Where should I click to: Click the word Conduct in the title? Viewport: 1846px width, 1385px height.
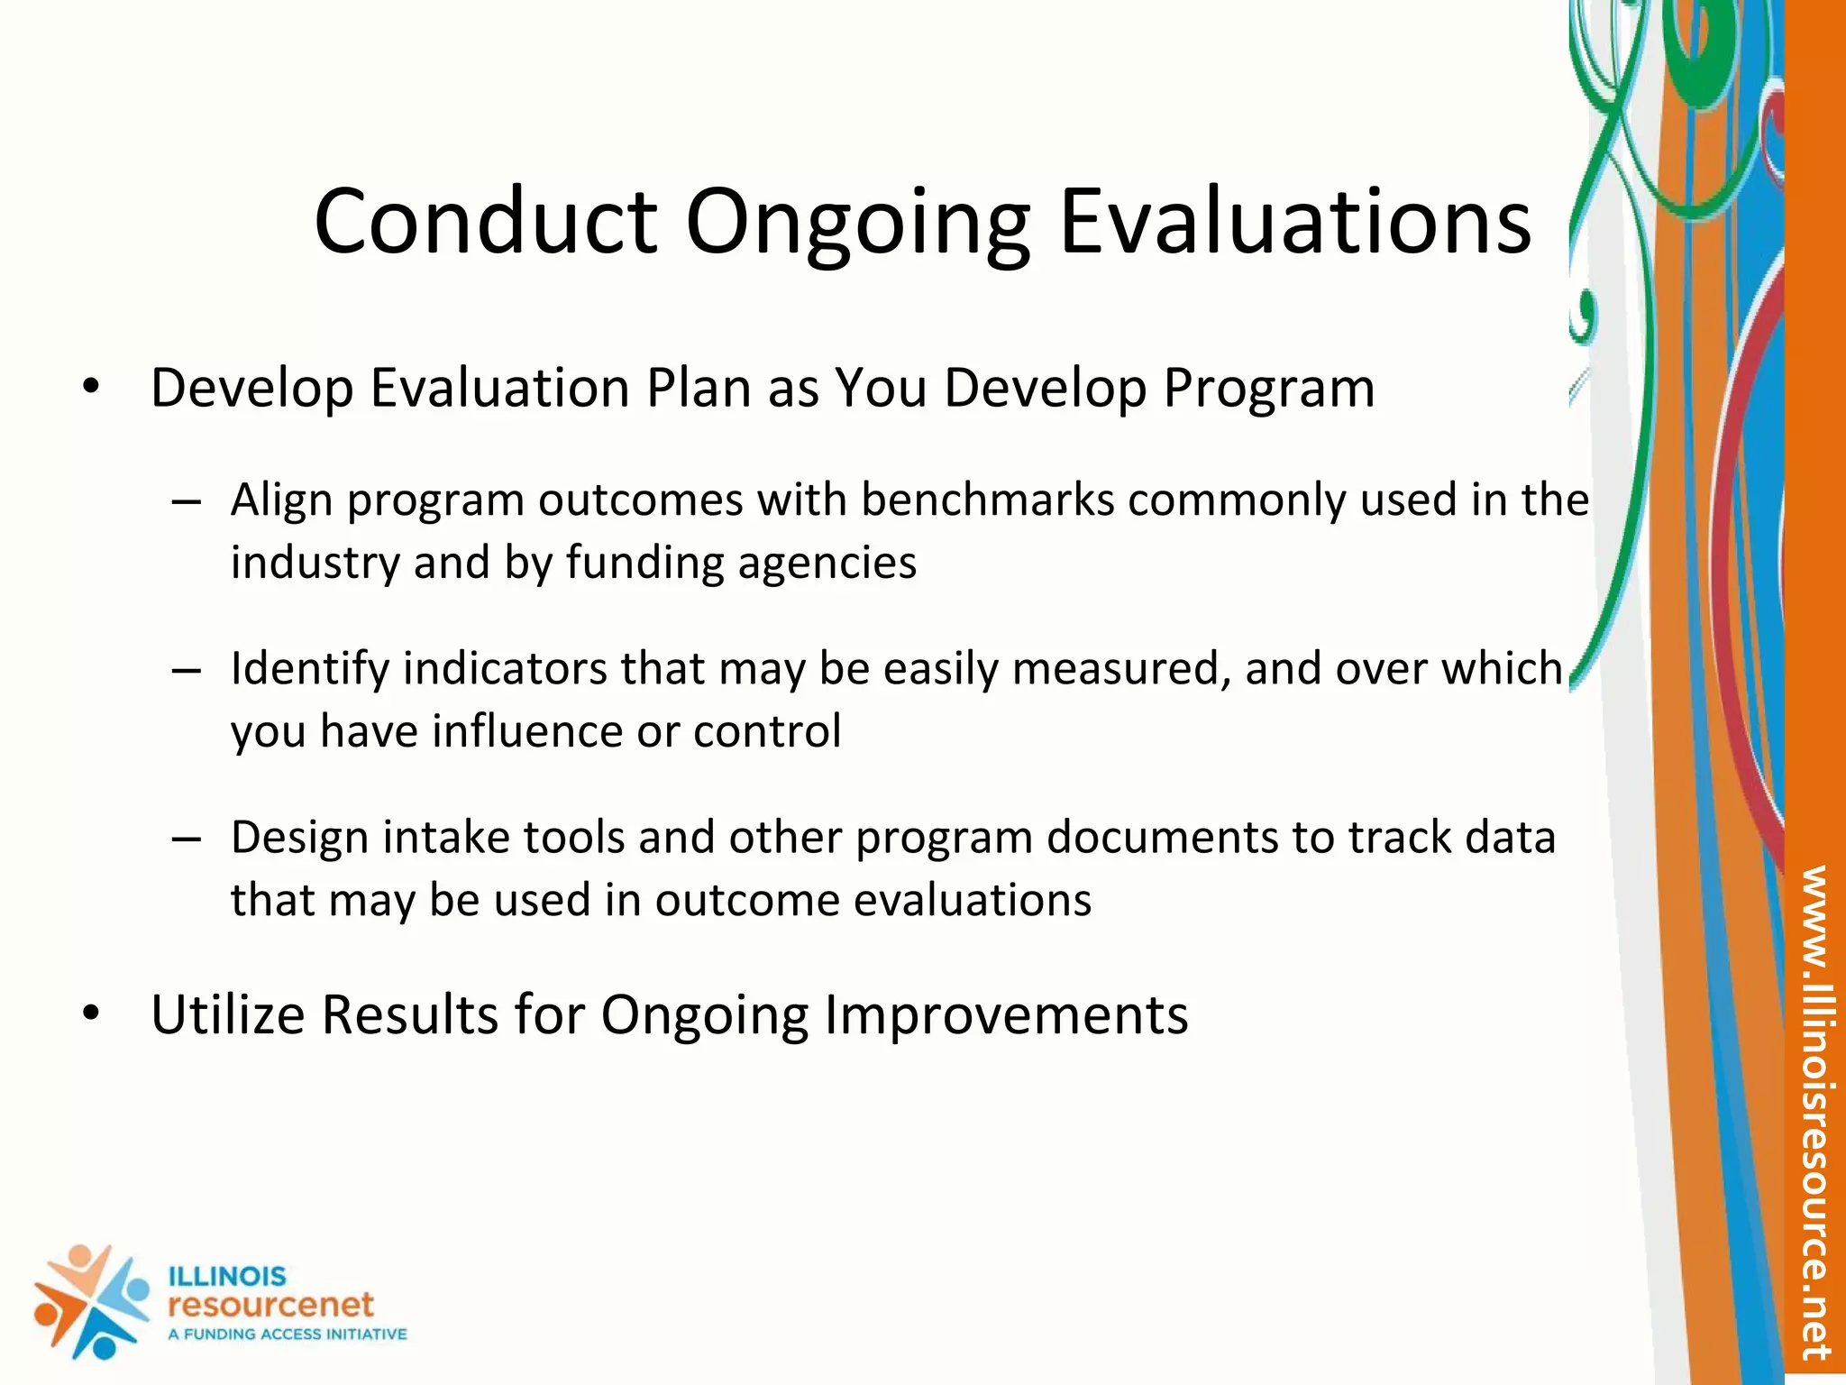pyautogui.click(x=485, y=222)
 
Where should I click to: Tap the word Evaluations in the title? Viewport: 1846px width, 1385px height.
pyautogui.click(x=1294, y=222)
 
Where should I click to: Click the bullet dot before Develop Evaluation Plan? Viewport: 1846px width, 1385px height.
pyautogui.click(x=90, y=388)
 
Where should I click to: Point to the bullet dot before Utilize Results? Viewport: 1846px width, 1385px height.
pyautogui.click(x=90, y=1014)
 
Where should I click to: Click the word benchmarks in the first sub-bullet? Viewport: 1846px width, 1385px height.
pyautogui.click(x=988, y=500)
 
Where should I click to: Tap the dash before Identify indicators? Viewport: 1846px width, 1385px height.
pyautogui.click(x=186, y=670)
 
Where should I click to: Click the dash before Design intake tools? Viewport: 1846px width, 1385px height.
pyautogui.click(x=186, y=839)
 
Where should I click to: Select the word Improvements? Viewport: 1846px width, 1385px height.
pyautogui.click(x=1006, y=1014)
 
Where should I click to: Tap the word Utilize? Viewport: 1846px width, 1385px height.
pyautogui.click(x=227, y=1014)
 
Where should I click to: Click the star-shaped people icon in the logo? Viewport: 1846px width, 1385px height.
pyautogui.click(x=90, y=1301)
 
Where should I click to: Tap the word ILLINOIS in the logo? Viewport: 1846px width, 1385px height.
pyautogui.click(x=227, y=1277)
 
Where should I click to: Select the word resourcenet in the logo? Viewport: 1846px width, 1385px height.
pyautogui.click(x=270, y=1305)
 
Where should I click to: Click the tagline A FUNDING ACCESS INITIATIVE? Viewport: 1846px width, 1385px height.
pyautogui.click(x=288, y=1335)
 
